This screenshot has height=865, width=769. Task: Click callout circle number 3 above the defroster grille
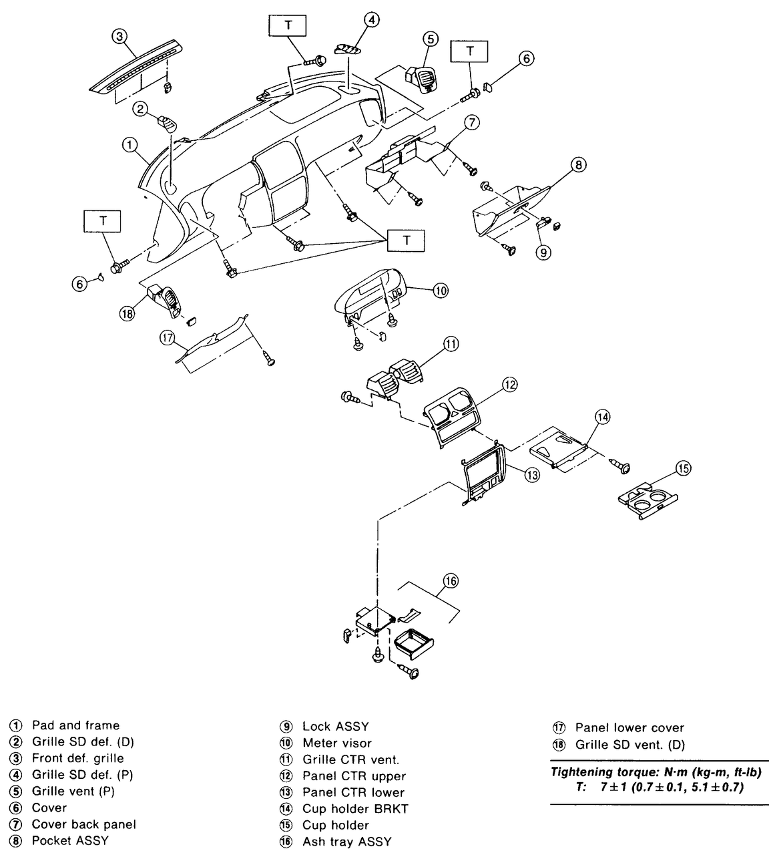(x=119, y=36)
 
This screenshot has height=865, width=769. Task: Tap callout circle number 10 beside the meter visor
(x=441, y=291)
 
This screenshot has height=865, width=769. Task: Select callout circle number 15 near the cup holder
(x=684, y=468)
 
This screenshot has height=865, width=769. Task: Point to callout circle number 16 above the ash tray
(x=451, y=580)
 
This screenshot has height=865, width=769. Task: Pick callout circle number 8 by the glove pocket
(x=578, y=164)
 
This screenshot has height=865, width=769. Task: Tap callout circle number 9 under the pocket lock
(x=543, y=252)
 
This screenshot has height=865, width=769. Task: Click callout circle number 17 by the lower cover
(x=168, y=338)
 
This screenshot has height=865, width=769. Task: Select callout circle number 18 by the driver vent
(x=127, y=314)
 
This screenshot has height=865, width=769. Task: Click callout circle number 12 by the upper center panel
(x=510, y=385)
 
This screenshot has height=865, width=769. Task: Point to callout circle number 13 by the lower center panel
(x=532, y=475)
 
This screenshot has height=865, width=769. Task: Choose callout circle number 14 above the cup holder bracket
(x=603, y=417)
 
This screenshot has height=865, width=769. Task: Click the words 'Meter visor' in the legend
(x=337, y=743)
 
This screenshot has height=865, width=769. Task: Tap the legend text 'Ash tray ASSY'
(x=346, y=842)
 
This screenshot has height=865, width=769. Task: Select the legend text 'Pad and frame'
(x=76, y=725)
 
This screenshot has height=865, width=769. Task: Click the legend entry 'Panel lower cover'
(x=629, y=727)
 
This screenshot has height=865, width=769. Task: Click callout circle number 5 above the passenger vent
(x=431, y=39)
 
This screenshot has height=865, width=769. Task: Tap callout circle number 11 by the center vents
(x=451, y=344)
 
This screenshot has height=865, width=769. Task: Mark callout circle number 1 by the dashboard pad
(x=130, y=145)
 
